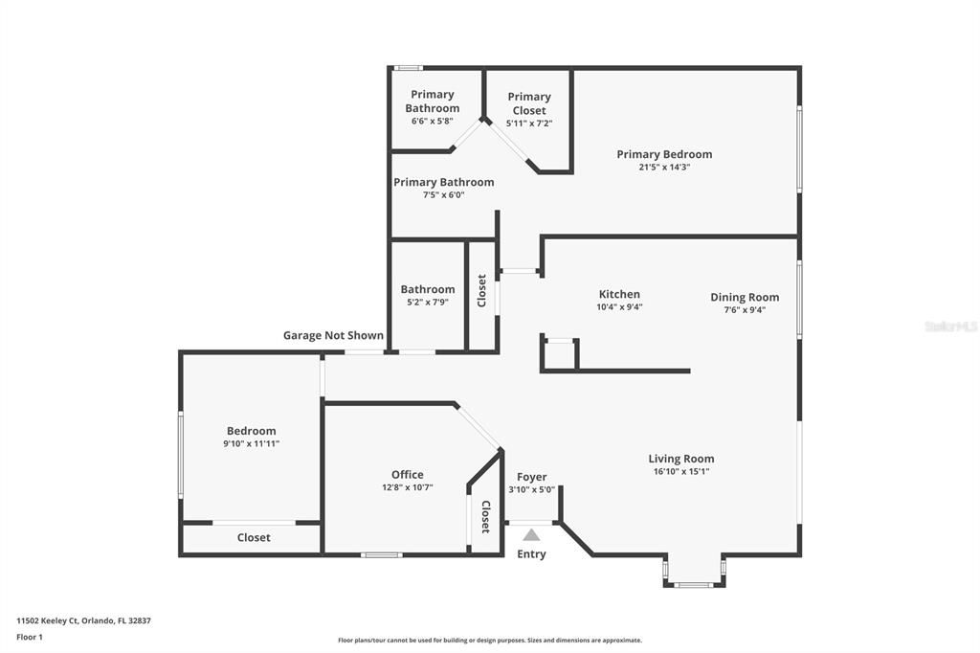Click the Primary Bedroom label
(664, 154)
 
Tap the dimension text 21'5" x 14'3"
(664, 167)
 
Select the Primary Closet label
(529, 103)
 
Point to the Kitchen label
(619, 294)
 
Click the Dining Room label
(745, 297)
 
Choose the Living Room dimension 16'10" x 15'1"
(681, 471)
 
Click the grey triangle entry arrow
(531, 535)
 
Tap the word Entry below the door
(531, 554)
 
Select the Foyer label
(531, 477)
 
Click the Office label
(407, 474)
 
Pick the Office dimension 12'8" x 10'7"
(407, 487)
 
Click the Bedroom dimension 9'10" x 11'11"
(251, 443)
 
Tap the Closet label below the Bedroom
(254, 538)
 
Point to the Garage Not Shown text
(333, 335)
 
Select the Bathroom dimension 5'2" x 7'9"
(428, 302)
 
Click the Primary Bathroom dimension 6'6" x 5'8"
(433, 122)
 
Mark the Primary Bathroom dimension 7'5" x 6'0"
(443, 194)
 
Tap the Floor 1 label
(30, 637)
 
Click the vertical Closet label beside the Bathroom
(482, 291)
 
